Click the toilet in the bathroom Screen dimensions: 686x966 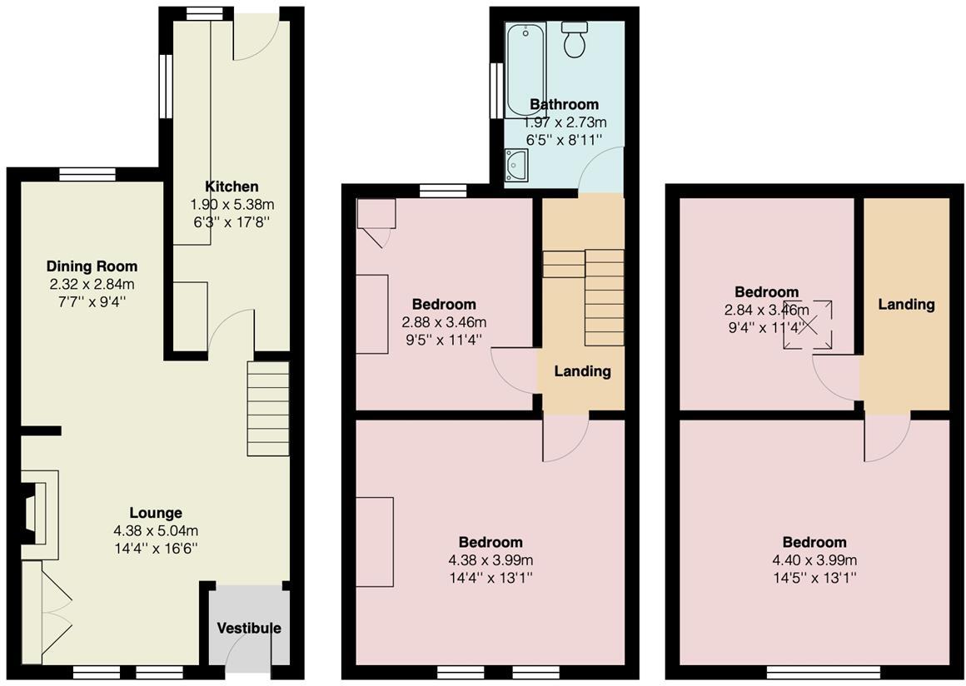coord(574,41)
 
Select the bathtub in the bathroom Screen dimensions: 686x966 coord(524,58)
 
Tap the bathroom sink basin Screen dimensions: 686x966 coord(516,164)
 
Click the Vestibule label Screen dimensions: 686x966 coord(249,628)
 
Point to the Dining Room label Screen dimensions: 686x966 coord(92,266)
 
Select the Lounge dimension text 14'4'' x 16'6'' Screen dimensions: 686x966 coord(156,548)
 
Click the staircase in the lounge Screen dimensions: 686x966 coord(268,408)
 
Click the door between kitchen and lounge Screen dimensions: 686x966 coord(231,331)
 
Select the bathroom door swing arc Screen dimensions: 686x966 coord(600,169)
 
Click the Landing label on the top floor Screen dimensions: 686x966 coord(906,304)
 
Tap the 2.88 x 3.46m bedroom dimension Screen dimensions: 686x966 coord(444,321)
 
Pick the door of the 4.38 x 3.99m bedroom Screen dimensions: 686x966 coord(565,438)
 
